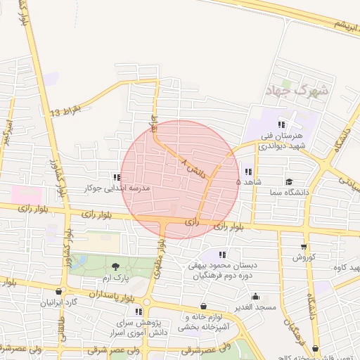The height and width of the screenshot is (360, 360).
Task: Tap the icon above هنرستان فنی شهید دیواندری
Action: point(281,124)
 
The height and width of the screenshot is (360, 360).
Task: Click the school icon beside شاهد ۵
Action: point(247,171)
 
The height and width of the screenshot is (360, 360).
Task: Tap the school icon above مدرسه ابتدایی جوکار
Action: point(115,177)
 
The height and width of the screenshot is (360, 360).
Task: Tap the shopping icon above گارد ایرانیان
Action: point(58,291)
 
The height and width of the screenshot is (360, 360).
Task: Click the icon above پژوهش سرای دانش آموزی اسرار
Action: point(139,311)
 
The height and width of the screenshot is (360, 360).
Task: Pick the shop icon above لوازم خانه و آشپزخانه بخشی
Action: point(204,307)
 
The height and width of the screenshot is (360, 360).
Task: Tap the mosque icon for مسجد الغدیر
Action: point(255,296)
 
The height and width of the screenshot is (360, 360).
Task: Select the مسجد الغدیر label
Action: point(255,307)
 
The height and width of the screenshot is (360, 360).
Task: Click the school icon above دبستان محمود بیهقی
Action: point(223,254)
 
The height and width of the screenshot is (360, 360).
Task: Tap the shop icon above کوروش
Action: point(303,246)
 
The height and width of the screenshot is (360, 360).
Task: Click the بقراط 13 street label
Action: point(66,112)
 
